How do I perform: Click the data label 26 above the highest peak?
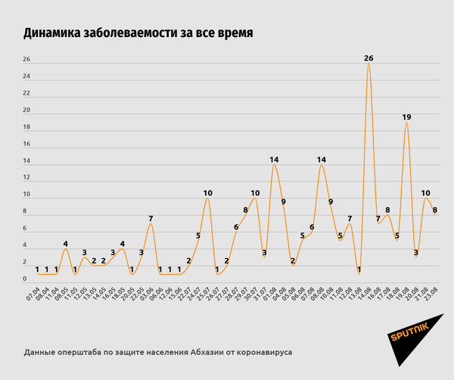pos(368,58)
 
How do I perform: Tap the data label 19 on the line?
pos(406,117)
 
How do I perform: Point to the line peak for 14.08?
pos(368,64)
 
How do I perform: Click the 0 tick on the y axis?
pos(26,279)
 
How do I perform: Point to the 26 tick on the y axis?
pos(26,60)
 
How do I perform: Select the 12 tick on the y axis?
pos(26,178)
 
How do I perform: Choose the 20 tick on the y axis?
pos(26,111)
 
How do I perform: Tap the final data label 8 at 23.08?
pos(435,211)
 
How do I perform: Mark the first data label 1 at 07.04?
pos(37,269)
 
